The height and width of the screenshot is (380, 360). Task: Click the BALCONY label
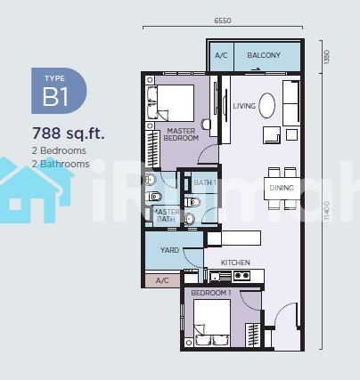tap(264, 55)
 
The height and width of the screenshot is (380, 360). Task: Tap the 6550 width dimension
tap(223, 20)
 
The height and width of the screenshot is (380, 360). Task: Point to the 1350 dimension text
tap(327, 57)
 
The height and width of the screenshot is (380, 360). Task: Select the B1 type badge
tap(59, 91)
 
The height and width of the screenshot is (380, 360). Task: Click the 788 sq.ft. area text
tap(69, 133)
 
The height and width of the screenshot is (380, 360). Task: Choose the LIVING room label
tap(244, 106)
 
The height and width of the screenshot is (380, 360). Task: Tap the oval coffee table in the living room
tap(267, 106)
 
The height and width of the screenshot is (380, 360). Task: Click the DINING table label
tap(282, 188)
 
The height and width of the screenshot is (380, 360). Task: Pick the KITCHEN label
tap(235, 263)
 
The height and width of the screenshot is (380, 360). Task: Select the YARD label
tap(169, 250)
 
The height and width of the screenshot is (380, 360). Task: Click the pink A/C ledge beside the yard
tap(162, 280)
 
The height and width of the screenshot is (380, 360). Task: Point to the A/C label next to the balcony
tap(221, 55)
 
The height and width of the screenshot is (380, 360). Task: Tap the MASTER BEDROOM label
tap(181, 134)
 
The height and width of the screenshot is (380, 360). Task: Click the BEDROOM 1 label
tap(211, 293)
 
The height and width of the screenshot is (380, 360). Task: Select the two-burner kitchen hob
tap(241, 276)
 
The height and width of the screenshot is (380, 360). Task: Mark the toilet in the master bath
tap(154, 196)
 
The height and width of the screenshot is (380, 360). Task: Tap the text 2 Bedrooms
tap(59, 150)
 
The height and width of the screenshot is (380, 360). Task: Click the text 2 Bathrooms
tap(61, 164)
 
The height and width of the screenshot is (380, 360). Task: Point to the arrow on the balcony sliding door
tap(256, 69)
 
